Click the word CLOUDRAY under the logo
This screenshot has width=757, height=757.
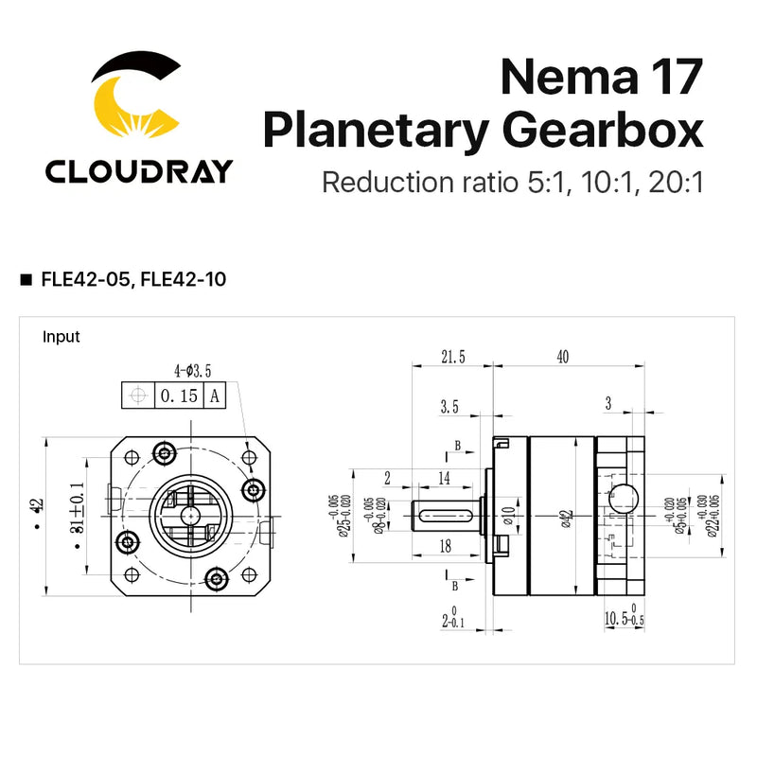(x=139, y=171)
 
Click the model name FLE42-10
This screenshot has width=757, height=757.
(x=181, y=279)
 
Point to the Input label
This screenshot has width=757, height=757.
(x=62, y=337)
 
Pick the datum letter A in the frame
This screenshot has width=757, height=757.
(x=215, y=396)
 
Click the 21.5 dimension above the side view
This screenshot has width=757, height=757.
(x=453, y=357)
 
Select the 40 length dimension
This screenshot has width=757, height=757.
(x=562, y=357)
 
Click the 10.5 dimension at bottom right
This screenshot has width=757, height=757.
(x=620, y=619)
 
